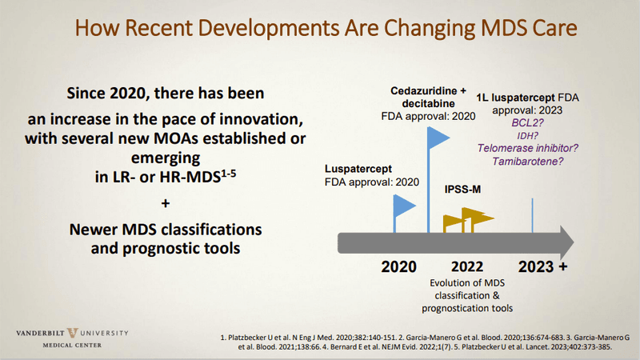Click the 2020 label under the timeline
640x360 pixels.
tap(399, 266)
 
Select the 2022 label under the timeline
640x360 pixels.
tap(466, 266)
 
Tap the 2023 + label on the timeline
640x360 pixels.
tap(542, 266)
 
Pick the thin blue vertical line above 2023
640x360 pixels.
tap(533, 212)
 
